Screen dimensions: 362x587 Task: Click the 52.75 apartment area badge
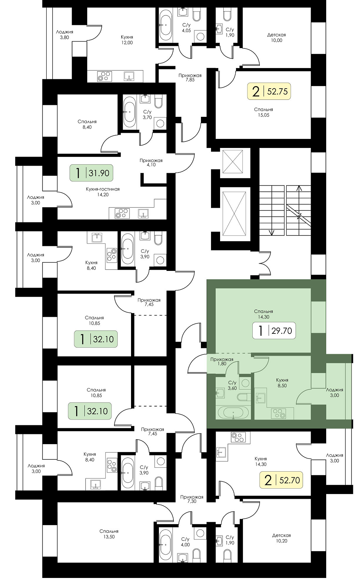pyautogui.click(x=269, y=92)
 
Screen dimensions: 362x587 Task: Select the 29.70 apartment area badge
pyautogui.click(x=274, y=331)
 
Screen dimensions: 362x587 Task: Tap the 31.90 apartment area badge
pyautogui.click(x=91, y=173)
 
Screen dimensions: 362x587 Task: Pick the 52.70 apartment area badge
pyautogui.click(x=281, y=480)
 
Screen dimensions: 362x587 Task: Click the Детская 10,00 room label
pyautogui.click(x=277, y=38)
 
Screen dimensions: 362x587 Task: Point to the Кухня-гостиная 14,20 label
pyautogui.click(x=102, y=192)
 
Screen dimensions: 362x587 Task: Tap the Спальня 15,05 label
pyautogui.click(x=264, y=112)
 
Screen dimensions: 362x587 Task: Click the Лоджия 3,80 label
pyautogui.click(x=64, y=35)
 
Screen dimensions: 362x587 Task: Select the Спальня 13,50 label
pyautogui.click(x=109, y=534)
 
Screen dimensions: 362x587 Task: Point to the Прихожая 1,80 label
pyautogui.click(x=222, y=361)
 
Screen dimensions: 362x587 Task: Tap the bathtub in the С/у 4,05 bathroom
pyautogui.click(x=166, y=25)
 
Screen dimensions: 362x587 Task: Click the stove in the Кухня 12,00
pyautogui.click(x=104, y=76)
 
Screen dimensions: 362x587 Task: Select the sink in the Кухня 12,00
pyautogui.click(x=129, y=76)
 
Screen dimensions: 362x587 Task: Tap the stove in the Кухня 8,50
pyautogui.click(x=279, y=413)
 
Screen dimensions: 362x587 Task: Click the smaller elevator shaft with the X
pyautogui.click(x=233, y=161)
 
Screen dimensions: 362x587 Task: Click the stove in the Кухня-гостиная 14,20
pyautogui.click(x=122, y=213)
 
